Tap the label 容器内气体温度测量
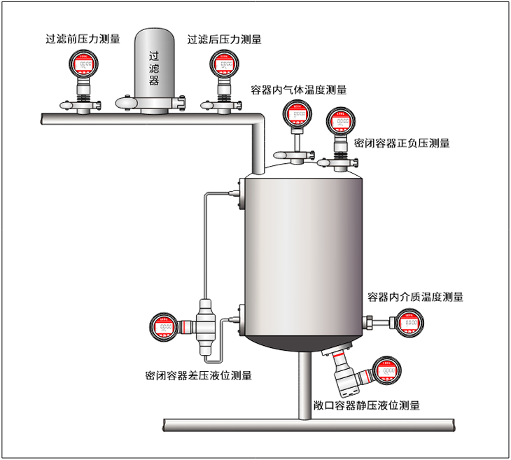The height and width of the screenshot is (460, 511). [299, 90]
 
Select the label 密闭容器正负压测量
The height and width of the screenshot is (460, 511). [402, 143]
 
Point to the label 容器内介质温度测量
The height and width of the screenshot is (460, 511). [416, 296]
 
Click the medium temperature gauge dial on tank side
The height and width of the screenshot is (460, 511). [411, 323]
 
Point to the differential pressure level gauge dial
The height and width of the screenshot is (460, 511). [164, 326]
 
